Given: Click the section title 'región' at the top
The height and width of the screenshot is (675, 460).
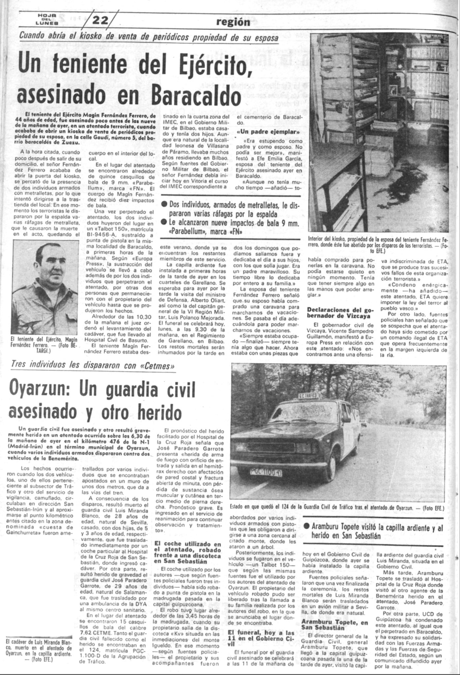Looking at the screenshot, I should pyautogui.click(x=233, y=22).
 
